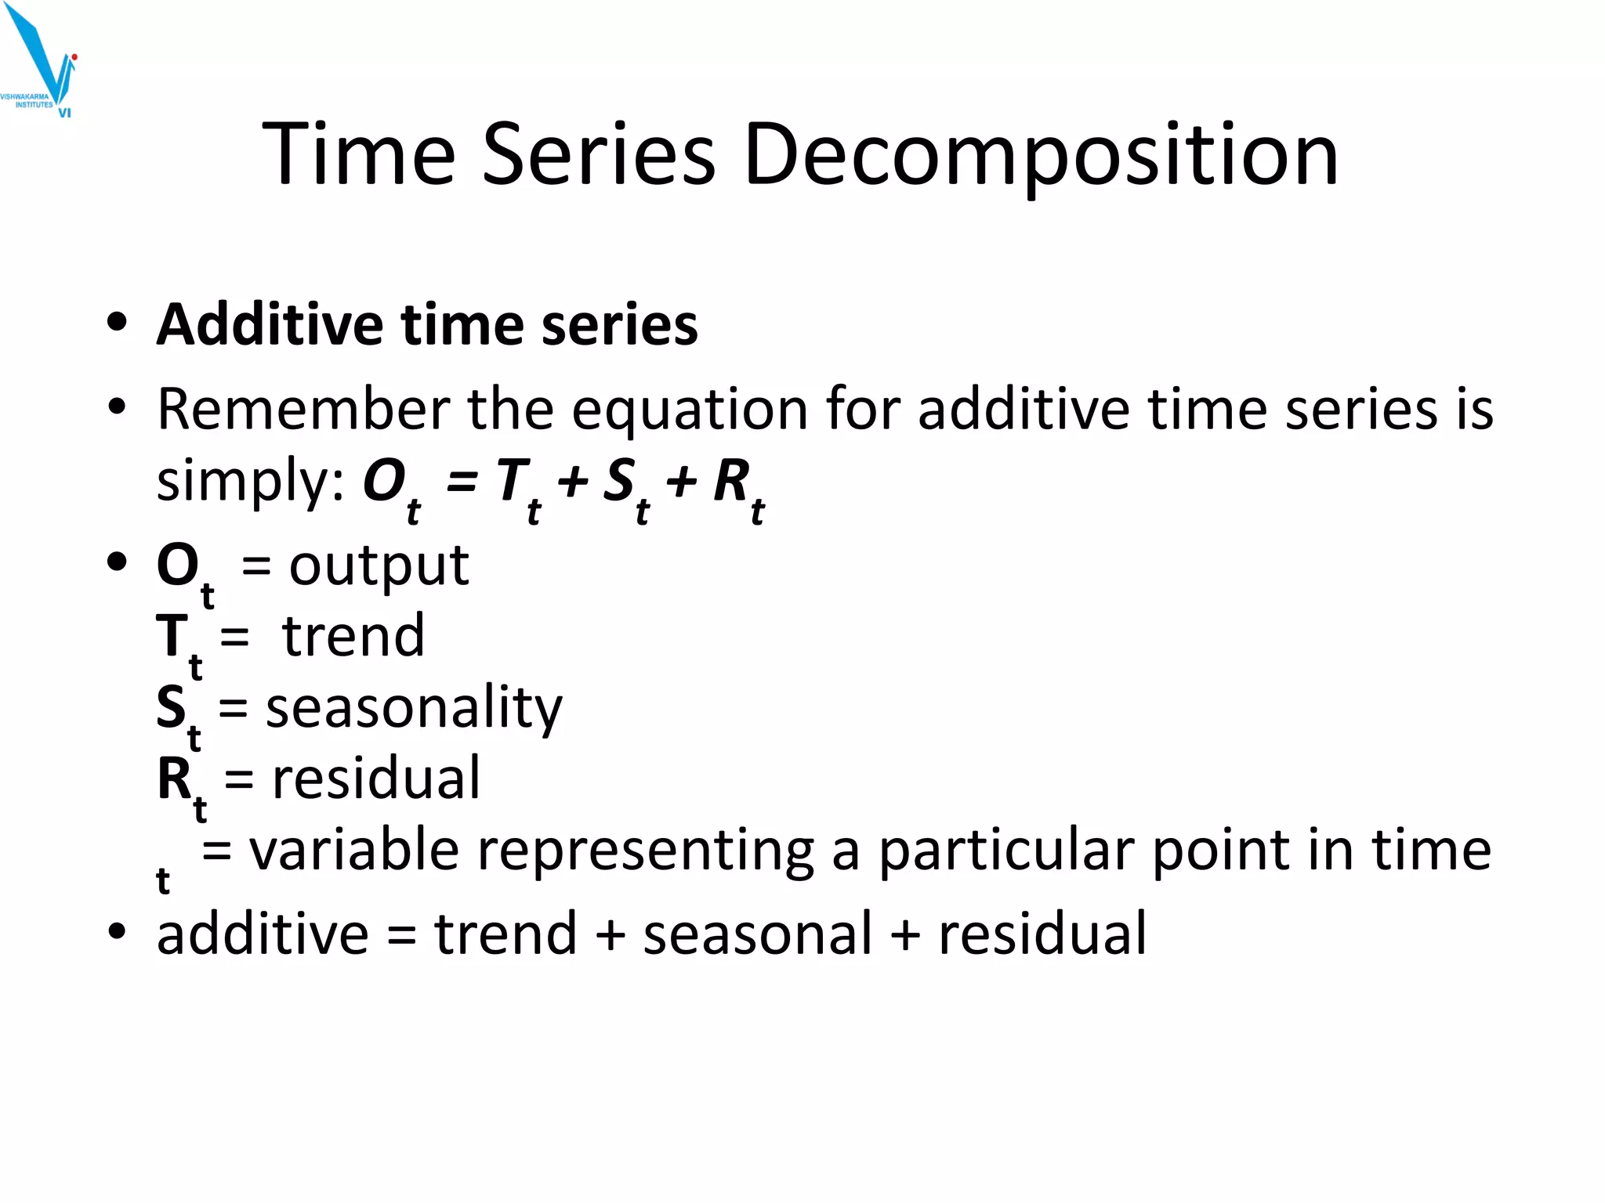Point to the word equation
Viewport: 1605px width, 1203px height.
click(690, 410)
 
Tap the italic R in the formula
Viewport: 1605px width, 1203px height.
click(731, 479)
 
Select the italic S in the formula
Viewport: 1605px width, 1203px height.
click(619, 479)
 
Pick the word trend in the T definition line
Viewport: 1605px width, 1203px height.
click(353, 636)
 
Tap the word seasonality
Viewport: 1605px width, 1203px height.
click(414, 708)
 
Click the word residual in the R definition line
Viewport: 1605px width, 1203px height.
click(376, 779)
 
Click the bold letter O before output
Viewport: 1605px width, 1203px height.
click(178, 565)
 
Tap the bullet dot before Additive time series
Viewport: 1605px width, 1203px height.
click(118, 323)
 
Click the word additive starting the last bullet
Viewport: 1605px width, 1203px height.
click(263, 934)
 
